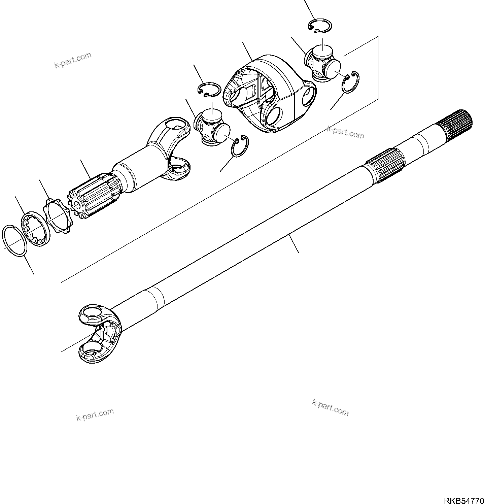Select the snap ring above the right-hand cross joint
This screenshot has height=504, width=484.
[x=320, y=26]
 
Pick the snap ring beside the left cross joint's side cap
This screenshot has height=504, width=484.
[x=240, y=146]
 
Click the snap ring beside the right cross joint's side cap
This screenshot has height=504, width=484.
[x=351, y=81]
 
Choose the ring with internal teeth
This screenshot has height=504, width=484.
[x=36, y=231]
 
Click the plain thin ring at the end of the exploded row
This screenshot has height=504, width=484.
[x=15, y=242]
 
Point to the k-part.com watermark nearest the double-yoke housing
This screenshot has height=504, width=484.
[x=345, y=133]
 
